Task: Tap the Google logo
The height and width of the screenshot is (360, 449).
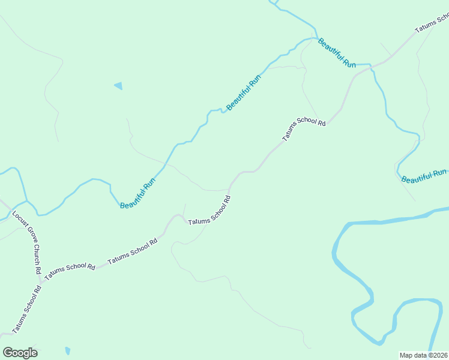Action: click(x=20, y=353)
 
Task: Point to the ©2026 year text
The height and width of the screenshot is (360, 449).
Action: click(x=438, y=355)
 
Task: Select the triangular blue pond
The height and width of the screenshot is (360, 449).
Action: click(x=118, y=86)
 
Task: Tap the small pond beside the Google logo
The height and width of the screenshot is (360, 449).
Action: click(x=67, y=350)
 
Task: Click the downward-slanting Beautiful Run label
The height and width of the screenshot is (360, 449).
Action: click(x=337, y=53)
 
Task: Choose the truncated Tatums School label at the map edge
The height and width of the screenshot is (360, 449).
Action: click(x=432, y=24)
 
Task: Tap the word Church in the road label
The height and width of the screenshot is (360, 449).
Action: click(x=37, y=254)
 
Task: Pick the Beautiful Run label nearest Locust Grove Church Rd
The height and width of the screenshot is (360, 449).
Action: click(x=137, y=193)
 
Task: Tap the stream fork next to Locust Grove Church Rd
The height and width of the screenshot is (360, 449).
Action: click(x=26, y=201)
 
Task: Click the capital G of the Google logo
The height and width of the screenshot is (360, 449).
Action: click(x=8, y=352)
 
